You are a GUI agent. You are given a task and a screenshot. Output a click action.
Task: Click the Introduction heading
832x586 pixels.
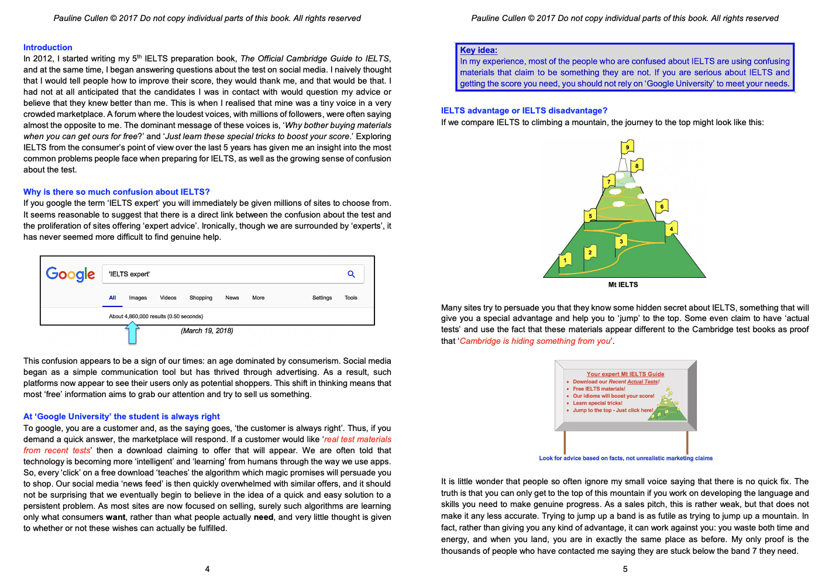point(48,47)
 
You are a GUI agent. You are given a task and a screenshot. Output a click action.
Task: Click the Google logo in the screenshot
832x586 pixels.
point(70,274)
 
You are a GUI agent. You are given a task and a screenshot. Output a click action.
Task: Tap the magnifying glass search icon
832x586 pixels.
point(351,274)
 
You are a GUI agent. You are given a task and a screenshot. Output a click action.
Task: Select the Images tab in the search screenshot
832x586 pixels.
point(138,298)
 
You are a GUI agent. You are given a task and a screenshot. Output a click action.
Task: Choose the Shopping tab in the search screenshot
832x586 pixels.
point(201,298)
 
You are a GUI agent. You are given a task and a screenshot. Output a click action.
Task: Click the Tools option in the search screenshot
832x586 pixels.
point(351,298)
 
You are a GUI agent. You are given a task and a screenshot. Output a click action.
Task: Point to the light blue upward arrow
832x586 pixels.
point(133,333)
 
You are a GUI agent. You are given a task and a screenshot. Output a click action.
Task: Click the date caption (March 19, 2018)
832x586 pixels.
point(207,331)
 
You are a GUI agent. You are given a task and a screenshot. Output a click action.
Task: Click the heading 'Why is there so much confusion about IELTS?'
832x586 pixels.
point(116,192)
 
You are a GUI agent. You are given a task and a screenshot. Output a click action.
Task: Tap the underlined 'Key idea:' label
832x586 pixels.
point(479,50)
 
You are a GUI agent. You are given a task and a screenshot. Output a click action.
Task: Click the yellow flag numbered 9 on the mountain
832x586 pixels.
point(627,147)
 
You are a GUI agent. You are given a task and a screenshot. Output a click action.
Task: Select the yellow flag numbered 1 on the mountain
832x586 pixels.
point(565,260)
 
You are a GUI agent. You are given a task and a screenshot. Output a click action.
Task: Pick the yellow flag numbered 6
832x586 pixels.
point(662,206)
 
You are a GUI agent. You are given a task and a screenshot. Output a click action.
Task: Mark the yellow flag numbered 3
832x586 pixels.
point(621,241)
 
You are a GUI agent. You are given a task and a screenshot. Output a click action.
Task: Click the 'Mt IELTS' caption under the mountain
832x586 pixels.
point(623,285)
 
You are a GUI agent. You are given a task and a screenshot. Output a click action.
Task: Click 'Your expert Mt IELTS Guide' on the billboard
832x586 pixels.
point(625,374)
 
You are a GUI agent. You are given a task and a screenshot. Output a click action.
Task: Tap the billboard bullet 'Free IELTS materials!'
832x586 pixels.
point(599,389)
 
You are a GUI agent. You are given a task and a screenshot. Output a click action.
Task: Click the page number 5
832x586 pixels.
point(625,569)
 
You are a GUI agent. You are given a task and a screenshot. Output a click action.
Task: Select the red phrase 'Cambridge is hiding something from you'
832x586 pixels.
point(535,341)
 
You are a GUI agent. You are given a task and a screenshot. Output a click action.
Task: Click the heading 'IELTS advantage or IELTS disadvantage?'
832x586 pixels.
point(524,111)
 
